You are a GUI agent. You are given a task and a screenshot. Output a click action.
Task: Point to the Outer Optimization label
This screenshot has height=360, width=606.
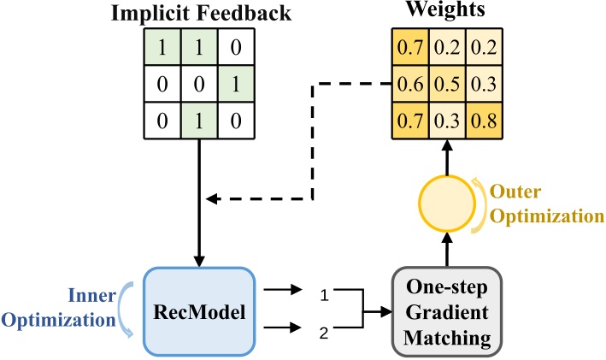(540, 202)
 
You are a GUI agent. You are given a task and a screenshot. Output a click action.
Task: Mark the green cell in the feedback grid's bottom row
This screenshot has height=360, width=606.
(198, 121)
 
